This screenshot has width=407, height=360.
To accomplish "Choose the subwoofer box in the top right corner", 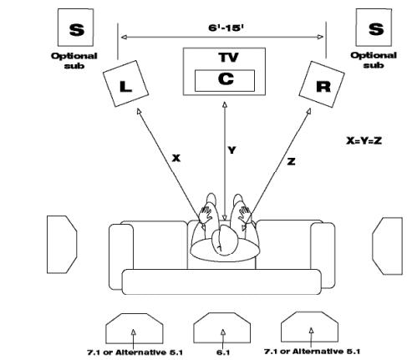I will click(375, 29).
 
